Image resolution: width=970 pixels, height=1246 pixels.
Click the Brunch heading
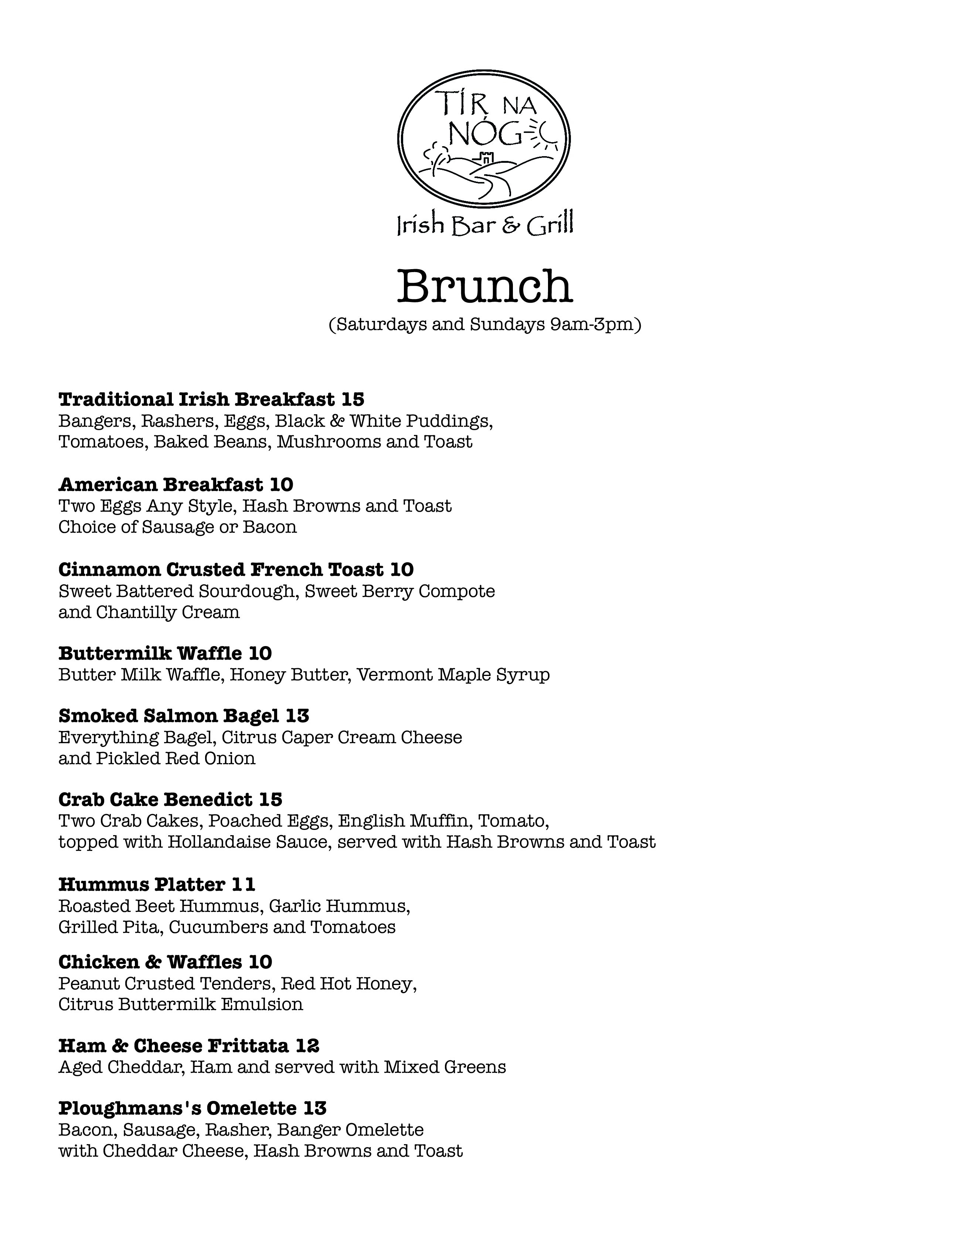(484, 286)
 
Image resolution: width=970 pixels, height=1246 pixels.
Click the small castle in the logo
(486, 156)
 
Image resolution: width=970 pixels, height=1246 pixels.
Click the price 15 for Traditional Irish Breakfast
(353, 399)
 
